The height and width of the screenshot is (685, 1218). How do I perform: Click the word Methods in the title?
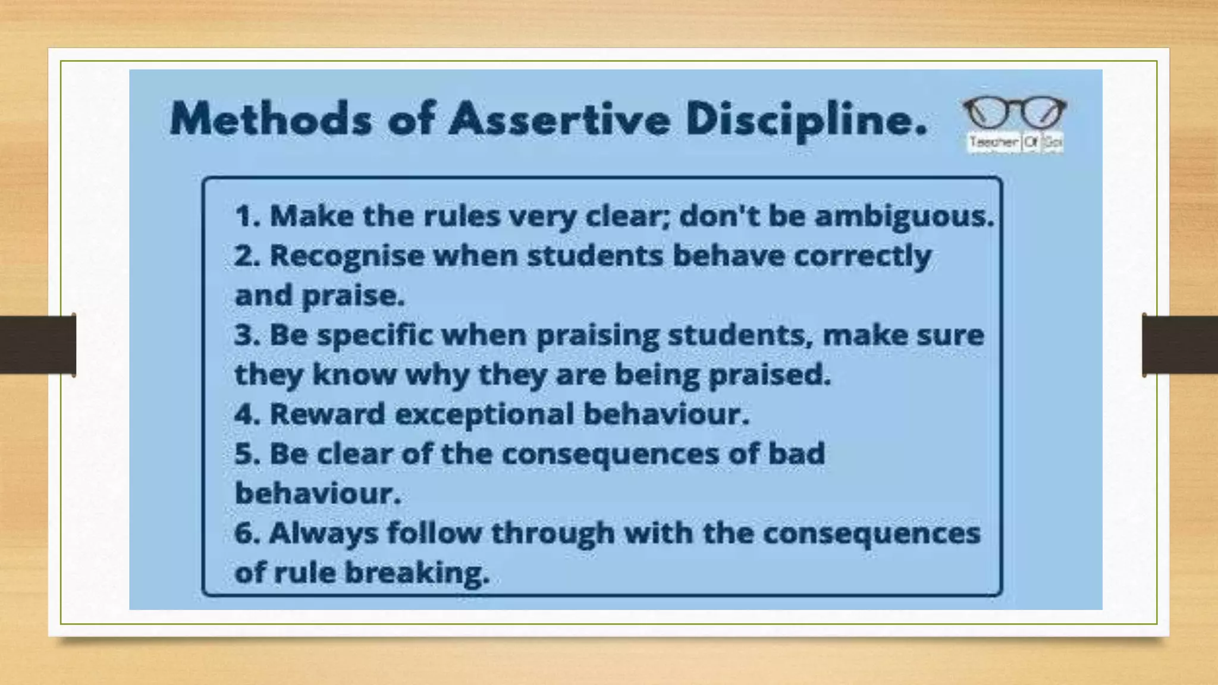point(271,118)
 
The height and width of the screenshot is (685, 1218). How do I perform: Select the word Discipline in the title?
point(805,120)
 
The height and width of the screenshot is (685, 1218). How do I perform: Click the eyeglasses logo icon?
point(1015,112)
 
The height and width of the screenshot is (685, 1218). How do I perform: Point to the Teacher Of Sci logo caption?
point(1015,143)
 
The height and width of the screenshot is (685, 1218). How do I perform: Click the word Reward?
point(327,414)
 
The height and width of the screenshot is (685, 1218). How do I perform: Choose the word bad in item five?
point(796,454)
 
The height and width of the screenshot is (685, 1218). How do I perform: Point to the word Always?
point(324,533)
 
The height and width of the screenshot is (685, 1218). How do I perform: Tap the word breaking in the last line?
point(417,573)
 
